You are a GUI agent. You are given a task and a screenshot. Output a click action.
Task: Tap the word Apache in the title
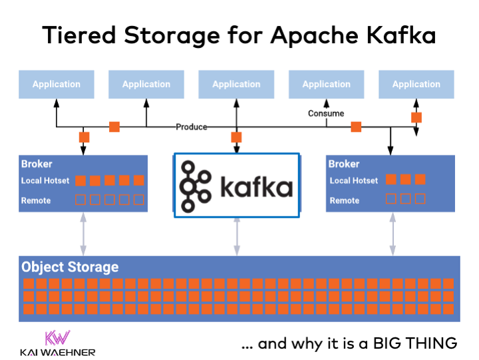tap(309, 35)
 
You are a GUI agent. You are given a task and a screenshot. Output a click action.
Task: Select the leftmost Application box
tap(57, 85)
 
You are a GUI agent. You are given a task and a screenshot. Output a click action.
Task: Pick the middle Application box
tap(236, 85)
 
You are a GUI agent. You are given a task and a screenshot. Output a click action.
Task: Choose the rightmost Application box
tap(416, 85)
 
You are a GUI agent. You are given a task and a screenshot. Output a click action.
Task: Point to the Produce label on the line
tap(192, 126)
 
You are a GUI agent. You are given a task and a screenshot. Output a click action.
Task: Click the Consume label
tap(326, 114)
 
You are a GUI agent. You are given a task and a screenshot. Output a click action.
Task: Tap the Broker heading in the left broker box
tap(37, 164)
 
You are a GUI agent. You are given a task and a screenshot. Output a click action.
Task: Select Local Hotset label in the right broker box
tap(353, 180)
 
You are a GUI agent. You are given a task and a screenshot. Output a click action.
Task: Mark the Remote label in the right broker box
tap(345, 200)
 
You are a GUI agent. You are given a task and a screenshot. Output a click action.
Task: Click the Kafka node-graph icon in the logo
tap(196, 186)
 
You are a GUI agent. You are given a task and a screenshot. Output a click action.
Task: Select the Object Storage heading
tap(70, 267)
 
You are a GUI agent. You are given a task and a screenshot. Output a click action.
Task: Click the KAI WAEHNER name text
tap(58, 352)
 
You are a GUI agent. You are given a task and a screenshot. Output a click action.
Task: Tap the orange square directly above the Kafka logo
tap(236, 138)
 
